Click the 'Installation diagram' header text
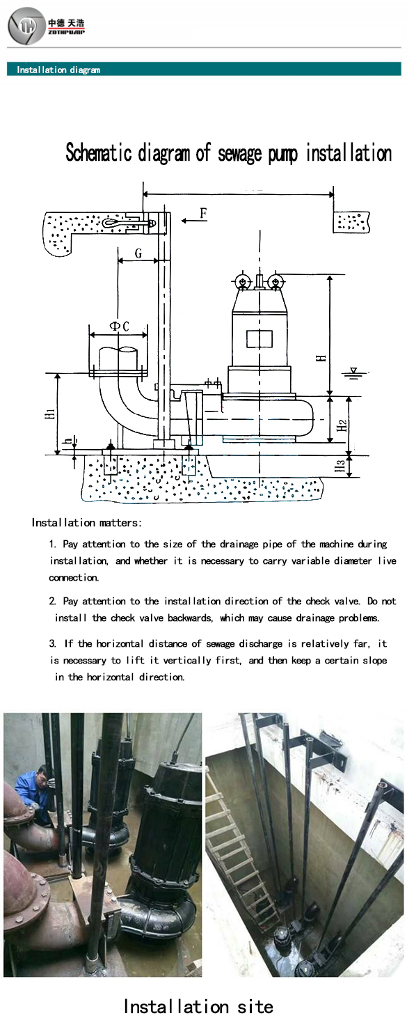(58, 70)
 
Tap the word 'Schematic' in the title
(99, 153)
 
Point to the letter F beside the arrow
(203, 213)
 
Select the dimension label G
(138, 253)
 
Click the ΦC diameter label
(119, 327)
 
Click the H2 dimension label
(341, 425)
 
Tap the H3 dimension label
(340, 466)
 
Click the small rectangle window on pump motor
(260, 339)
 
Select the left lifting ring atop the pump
(241, 281)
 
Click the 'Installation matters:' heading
(86, 523)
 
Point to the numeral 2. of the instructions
(53, 601)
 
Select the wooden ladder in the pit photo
(240, 842)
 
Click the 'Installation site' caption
(198, 1006)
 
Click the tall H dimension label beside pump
(321, 359)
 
